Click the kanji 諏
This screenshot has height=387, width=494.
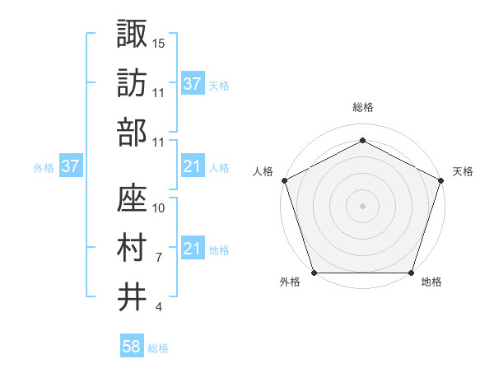[133, 34]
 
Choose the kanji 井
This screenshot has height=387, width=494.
[133, 296]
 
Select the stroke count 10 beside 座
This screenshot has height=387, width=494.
[159, 207]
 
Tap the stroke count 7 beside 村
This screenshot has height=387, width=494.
[158, 257]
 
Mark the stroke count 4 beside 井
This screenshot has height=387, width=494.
[158, 307]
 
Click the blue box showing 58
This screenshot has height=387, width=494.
[132, 347]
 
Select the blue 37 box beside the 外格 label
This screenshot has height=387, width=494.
[71, 167]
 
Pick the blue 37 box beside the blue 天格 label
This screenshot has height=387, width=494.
[193, 83]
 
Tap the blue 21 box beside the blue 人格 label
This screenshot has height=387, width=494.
[193, 167]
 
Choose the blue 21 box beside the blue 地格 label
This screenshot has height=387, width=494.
[193, 249]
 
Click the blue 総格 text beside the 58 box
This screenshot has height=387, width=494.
[158, 348]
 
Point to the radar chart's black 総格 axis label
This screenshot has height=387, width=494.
[362, 108]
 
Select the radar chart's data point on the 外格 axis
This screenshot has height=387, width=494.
[314, 273]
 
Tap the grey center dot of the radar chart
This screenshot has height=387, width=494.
[362, 205]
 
